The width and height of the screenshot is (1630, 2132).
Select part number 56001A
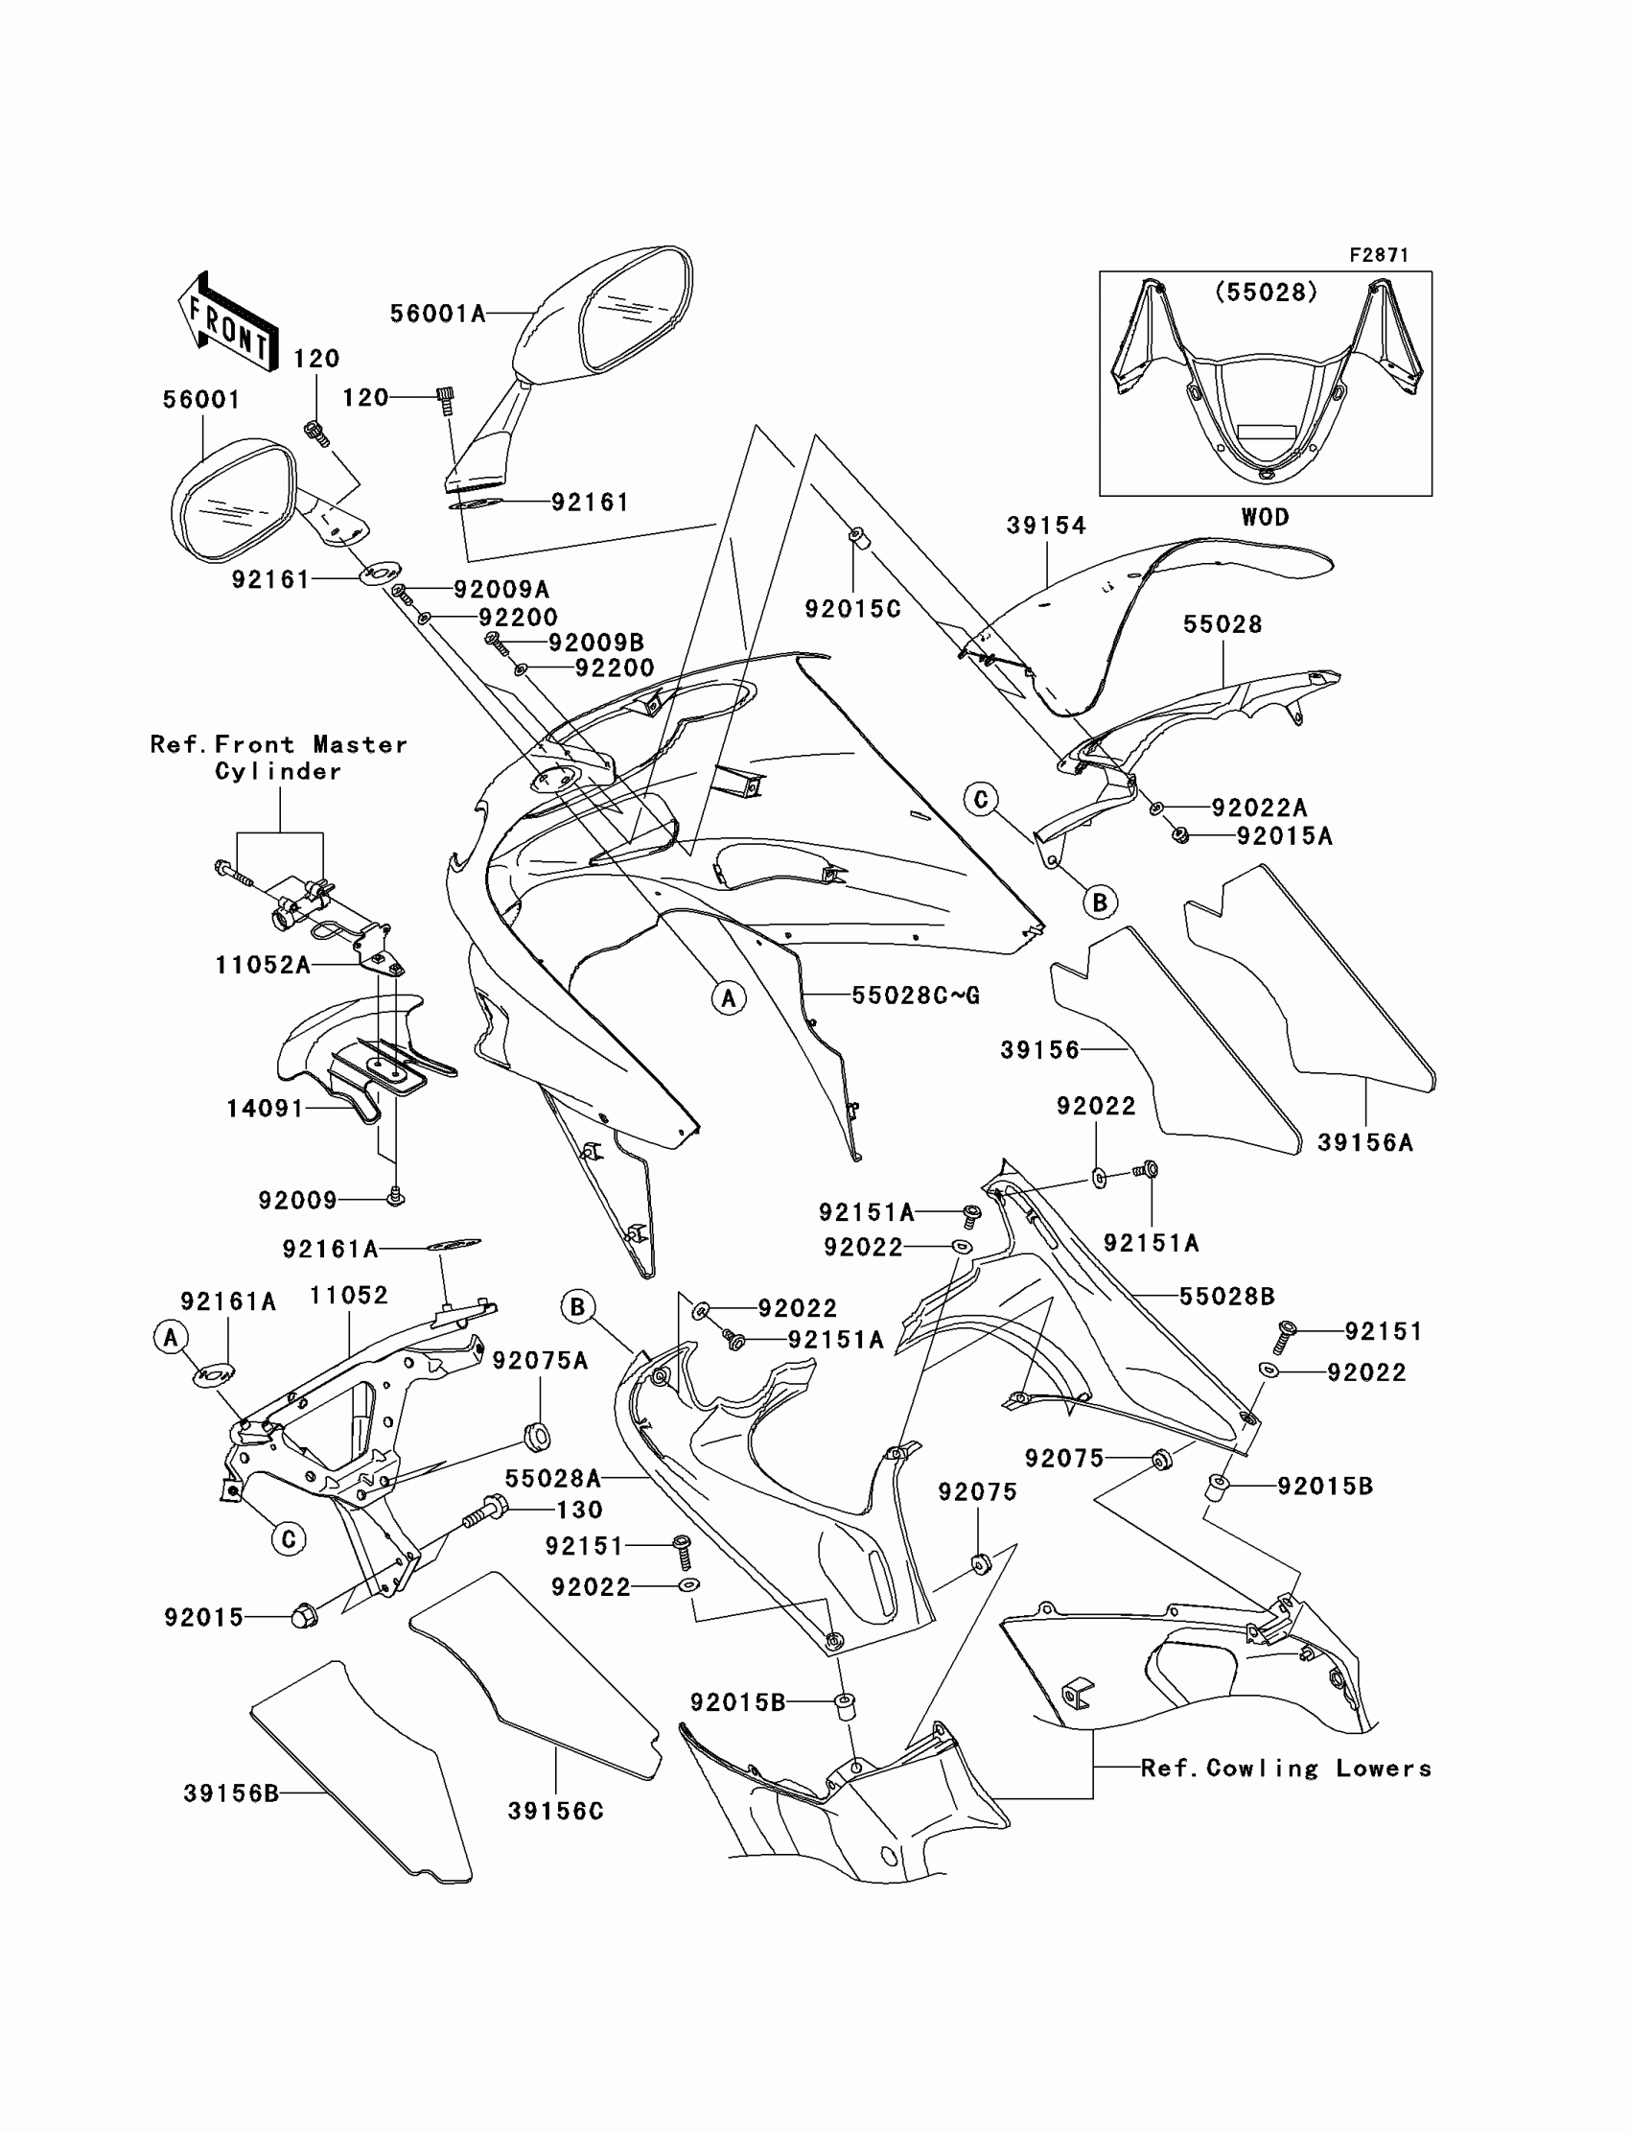coord(437,314)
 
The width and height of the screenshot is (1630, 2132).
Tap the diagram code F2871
coord(1379,255)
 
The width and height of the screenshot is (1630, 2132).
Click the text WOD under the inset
coord(1266,517)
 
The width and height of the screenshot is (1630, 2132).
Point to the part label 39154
coord(1046,526)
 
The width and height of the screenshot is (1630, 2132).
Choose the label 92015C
coord(852,608)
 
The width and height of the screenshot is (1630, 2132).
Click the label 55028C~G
coord(915,995)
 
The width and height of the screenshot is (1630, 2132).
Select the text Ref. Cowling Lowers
coord(1286,1769)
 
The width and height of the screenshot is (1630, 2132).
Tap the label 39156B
coord(231,1794)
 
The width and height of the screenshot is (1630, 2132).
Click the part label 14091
coord(265,1109)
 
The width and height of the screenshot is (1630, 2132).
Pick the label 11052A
coord(263,965)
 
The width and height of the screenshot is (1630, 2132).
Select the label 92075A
coord(540,1362)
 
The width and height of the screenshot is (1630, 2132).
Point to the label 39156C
coord(555,1811)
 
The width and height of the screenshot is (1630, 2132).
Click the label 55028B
coord(1226,1296)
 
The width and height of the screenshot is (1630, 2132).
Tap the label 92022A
coord(1258,808)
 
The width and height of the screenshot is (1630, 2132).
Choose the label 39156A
coord(1364,1143)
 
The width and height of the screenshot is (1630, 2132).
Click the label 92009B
coord(595,643)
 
